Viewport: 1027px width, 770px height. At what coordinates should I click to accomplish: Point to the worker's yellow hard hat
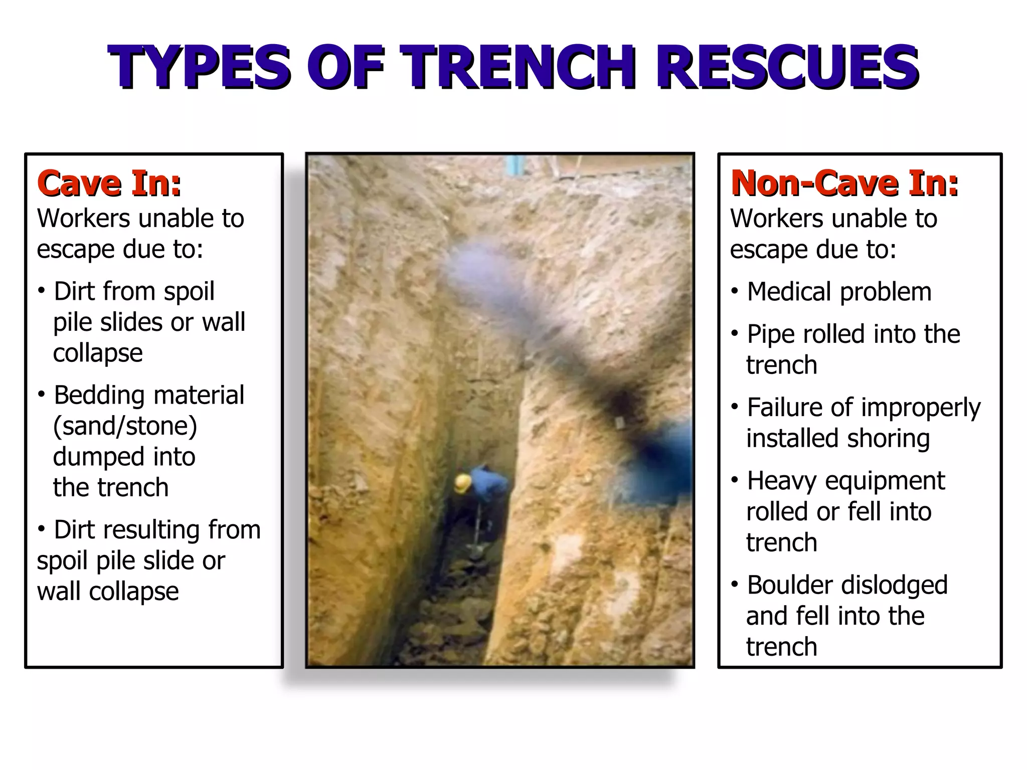pos(462,483)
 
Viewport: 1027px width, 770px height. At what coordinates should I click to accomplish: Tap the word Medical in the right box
pos(795,292)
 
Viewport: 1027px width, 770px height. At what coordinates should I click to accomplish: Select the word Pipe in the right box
pos(771,335)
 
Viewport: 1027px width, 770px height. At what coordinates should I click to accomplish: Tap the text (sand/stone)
pos(125,426)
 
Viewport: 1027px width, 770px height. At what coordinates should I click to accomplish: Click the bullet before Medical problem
pos(735,291)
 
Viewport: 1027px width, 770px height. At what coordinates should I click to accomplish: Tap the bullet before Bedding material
pos(42,395)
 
